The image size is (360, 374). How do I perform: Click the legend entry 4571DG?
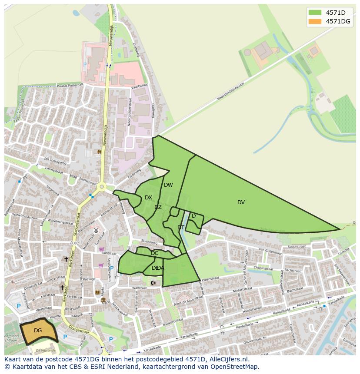tap(338, 21)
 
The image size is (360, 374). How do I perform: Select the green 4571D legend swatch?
tap(315, 12)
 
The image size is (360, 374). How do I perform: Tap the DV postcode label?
tap(241, 202)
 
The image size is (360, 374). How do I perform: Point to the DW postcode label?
tap(168, 185)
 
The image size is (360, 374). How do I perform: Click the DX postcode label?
tap(148, 198)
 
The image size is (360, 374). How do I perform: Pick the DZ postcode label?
tap(158, 207)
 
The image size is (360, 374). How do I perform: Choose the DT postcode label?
tap(181, 228)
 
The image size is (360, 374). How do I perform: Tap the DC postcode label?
tap(154, 253)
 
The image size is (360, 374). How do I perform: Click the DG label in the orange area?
tap(38, 331)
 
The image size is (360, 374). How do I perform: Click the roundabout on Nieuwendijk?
tap(102, 187)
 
